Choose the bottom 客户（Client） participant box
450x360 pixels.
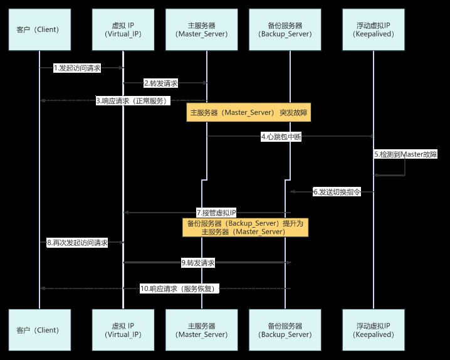pyautogui.click(x=39, y=330)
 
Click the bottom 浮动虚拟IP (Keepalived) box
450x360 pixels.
pyautogui.click(x=373, y=330)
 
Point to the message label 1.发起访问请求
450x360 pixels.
pyautogui.click(x=77, y=68)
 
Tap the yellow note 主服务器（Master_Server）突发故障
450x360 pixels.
pyautogui.click(x=248, y=114)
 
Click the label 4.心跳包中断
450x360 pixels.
pyautogui.click(x=281, y=137)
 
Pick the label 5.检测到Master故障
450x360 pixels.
pyautogui.click(x=406, y=154)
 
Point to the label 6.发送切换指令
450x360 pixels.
pyautogui.click(x=337, y=193)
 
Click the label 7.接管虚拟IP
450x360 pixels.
pyautogui.click(x=216, y=213)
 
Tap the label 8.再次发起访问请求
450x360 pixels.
pyautogui.click(x=77, y=243)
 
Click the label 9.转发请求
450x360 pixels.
pyautogui.click(x=198, y=263)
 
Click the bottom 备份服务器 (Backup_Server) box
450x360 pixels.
pyautogui.click(x=290, y=330)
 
